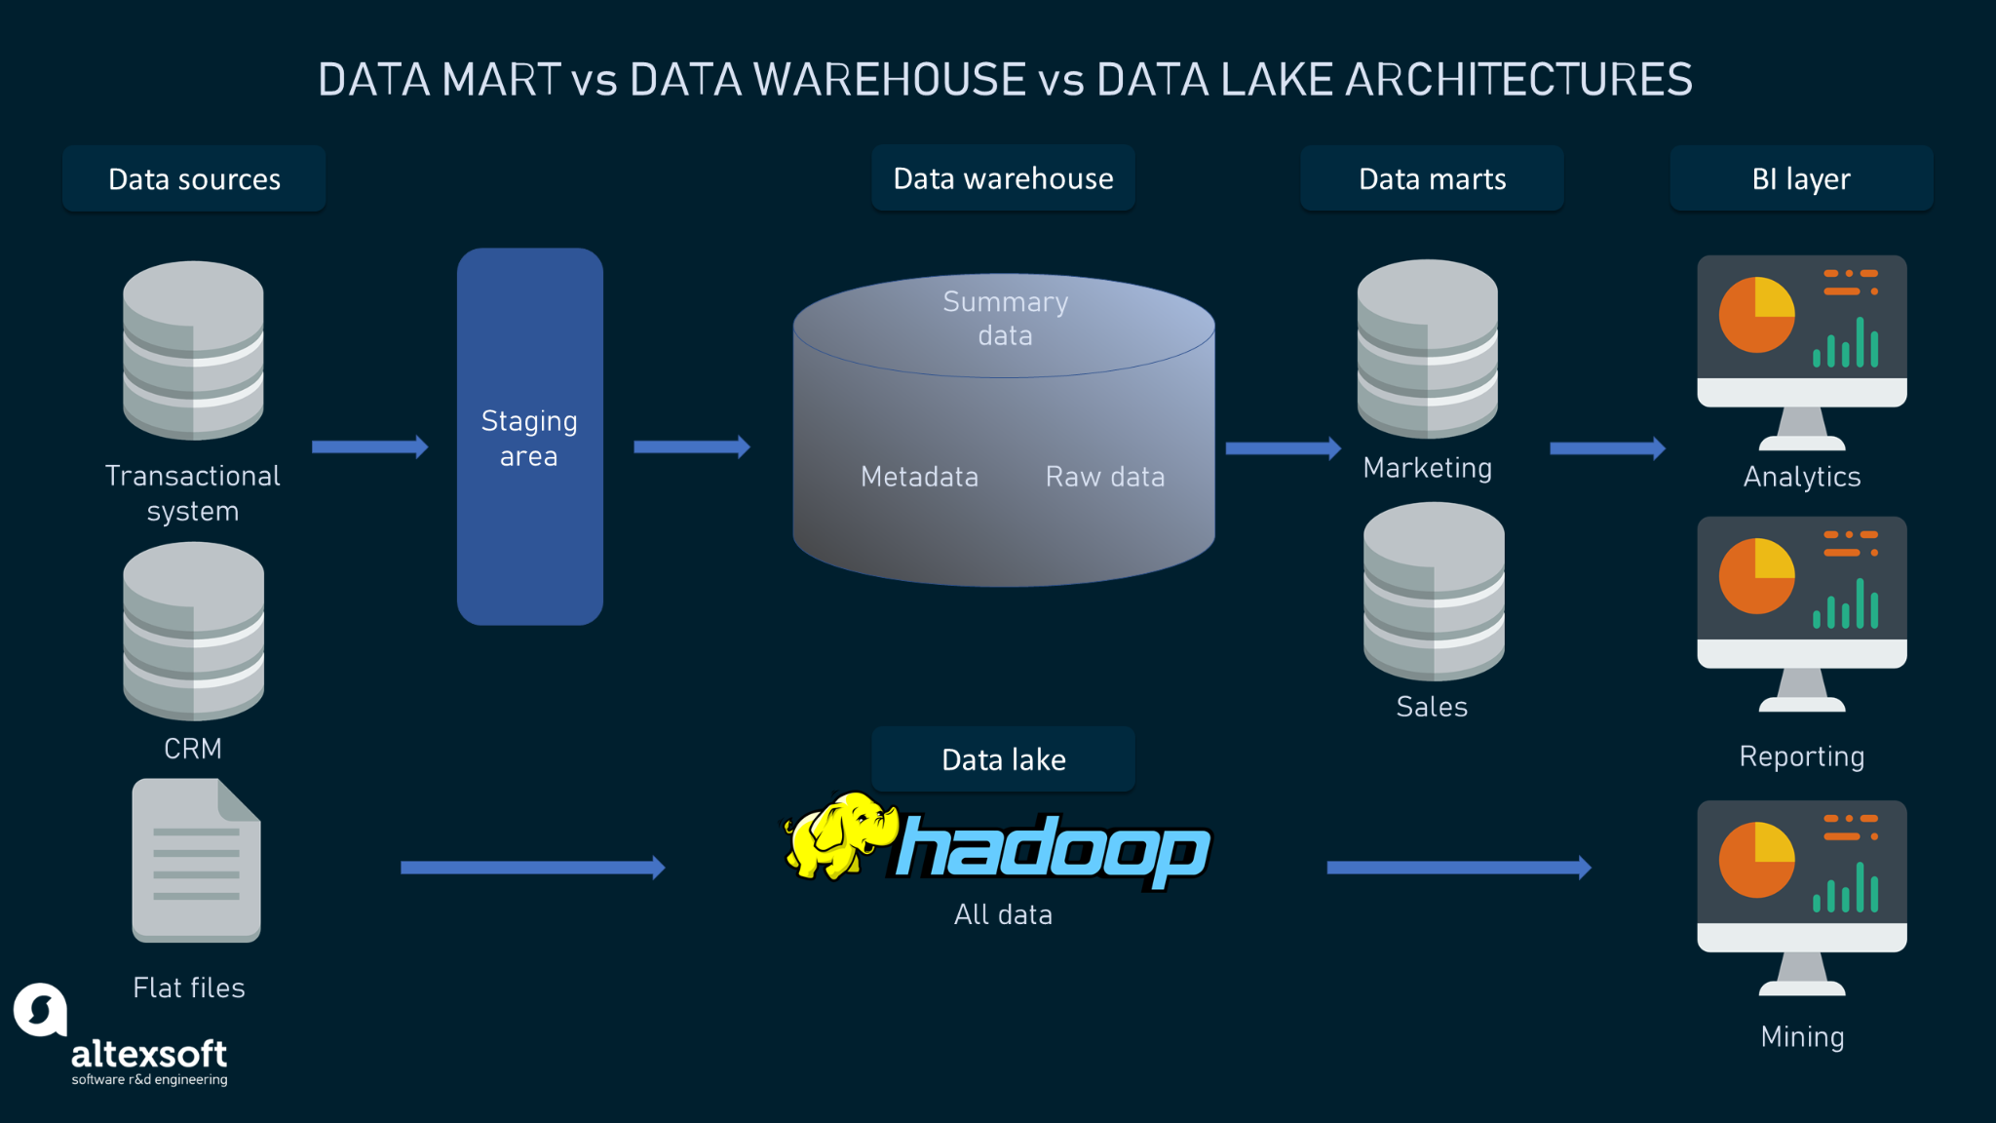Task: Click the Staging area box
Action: [529, 437]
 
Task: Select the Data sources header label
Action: [194, 179]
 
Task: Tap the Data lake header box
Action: [1003, 759]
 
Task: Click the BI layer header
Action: [1800, 179]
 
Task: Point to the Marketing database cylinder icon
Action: [1427, 348]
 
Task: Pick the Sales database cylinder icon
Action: [1433, 591]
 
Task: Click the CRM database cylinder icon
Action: [193, 631]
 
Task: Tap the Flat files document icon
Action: [196, 860]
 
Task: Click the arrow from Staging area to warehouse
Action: [691, 447]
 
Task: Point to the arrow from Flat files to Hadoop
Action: [532, 868]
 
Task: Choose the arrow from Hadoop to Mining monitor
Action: [1458, 868]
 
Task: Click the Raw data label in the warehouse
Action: [1104, 477]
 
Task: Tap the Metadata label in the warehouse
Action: [919, 477]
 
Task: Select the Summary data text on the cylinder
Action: [1005, 318]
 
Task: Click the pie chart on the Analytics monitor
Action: [1756, 315]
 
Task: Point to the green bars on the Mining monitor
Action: [1845, 888]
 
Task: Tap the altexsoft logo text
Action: [148, 1054]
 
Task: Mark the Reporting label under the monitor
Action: [1801, 756]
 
